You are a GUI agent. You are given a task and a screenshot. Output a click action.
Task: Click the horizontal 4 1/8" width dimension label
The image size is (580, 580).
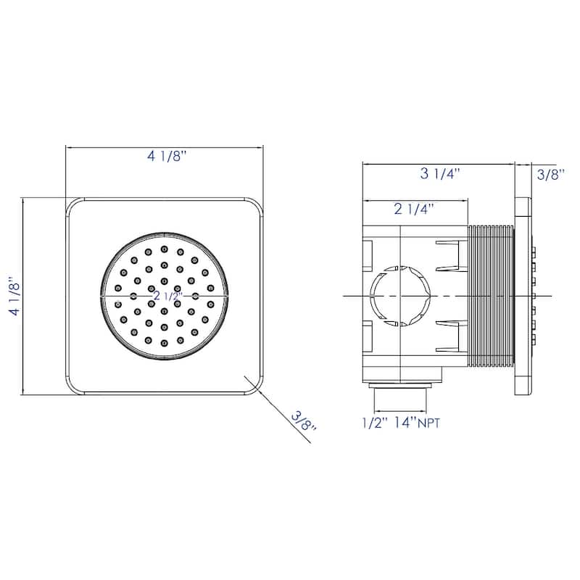coord(165,156)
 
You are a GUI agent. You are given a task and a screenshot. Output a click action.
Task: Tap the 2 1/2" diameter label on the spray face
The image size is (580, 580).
coord(168,296)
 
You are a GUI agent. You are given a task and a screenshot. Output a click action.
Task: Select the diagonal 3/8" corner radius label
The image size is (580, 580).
coord(304,421)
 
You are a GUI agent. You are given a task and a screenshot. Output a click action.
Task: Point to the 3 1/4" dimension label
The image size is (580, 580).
coord(439,173)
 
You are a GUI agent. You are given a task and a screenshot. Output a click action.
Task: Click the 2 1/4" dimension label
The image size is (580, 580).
coord(413,209)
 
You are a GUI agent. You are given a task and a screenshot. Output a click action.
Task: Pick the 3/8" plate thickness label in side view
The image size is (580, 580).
coord(551,174)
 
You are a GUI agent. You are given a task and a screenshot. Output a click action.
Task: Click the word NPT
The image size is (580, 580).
coord(429,423)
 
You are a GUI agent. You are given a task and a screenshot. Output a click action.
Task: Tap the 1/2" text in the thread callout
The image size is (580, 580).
coord(375,422)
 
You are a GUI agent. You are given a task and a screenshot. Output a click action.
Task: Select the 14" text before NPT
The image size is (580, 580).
coord(405,422)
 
